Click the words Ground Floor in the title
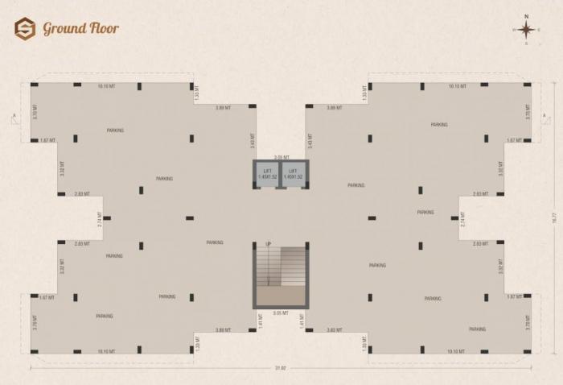coord(80,29)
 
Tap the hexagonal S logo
coord(25,29)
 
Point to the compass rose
coord(527,30)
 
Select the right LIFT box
coord(294,174)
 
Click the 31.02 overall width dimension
coord(280,369)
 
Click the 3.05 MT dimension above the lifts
coord(281,157)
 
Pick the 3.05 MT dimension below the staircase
coord(281,313)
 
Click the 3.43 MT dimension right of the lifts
coord(310,141)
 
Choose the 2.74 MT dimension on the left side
coord(100,218)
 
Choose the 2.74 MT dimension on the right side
coord(462,218)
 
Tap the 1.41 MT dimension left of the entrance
coord(261,321)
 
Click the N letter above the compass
coord(527,15)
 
